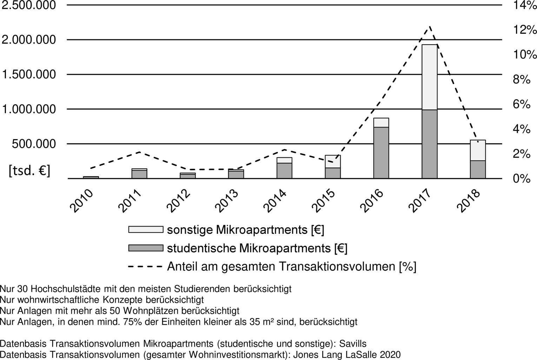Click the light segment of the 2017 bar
pos(430,77)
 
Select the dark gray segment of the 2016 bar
pos(381,153)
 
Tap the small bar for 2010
pos(91,177)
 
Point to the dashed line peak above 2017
pos(430,27)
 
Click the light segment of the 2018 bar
pos(478,150)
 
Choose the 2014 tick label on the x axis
pos(275,201)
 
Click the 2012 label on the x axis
pos(179,201)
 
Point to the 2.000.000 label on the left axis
pos(29,40)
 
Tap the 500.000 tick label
pos(34,144)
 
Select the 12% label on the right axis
pos(524,30)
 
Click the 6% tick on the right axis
pos(522,104)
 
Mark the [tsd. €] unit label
pos(29,171)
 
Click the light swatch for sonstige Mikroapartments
pos(146,230)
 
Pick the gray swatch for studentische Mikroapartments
pos(146,248)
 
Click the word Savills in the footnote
pos(353,344)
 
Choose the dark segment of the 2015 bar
pos(333,173)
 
